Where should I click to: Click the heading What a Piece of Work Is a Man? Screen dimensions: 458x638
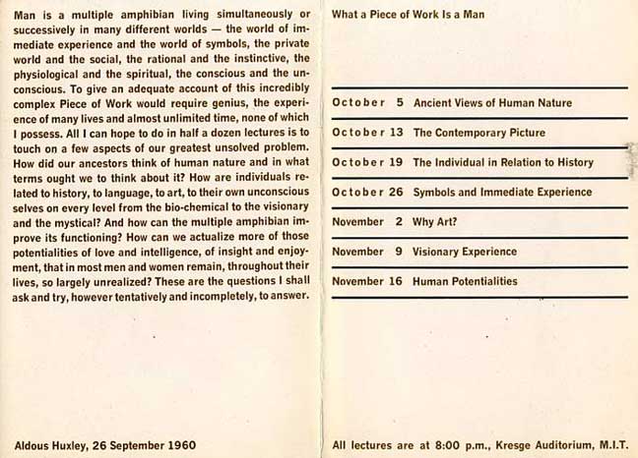click(x=409, y=15)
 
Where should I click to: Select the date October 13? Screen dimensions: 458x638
click(x=368, y=133)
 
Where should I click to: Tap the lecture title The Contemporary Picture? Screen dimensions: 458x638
click(x=475, y=133)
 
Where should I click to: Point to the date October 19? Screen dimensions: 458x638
click(x=368, y=162)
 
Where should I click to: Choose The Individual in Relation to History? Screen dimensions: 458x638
click(x=504, y=162)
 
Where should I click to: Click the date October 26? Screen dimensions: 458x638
click(x=368, y=192)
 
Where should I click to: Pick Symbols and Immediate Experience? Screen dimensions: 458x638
click(x=502, y=192)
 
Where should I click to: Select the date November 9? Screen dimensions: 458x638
click(x=368, y=252)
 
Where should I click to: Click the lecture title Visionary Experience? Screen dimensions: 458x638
click(x=465, y=252)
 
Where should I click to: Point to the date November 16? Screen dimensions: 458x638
click(x=368, y=281)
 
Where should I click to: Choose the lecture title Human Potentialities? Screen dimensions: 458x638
click(x=465, y=281)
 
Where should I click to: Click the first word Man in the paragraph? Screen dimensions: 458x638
click(x=24, y=15)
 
